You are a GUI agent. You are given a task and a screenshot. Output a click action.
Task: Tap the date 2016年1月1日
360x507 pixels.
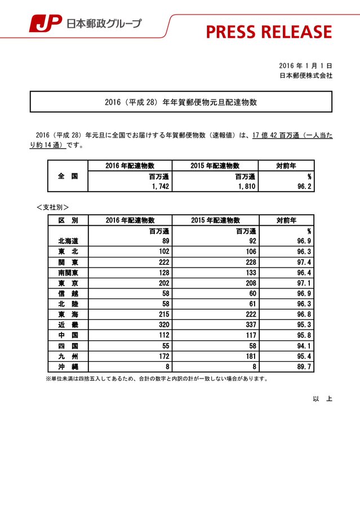point(305,65)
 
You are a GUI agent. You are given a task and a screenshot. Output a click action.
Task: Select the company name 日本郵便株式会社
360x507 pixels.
point(306,75)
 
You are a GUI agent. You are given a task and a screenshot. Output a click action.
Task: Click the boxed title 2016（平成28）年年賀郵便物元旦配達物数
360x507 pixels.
point(180,103)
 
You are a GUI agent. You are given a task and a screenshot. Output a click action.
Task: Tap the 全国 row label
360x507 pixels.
point(68,176)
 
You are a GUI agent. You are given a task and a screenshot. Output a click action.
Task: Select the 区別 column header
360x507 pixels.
point(68,220)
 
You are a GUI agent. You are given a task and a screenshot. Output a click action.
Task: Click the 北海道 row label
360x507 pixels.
point(68,241)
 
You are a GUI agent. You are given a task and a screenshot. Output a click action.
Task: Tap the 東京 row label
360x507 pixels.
point(68,283)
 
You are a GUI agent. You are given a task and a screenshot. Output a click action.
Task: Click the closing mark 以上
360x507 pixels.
point(322,399)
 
